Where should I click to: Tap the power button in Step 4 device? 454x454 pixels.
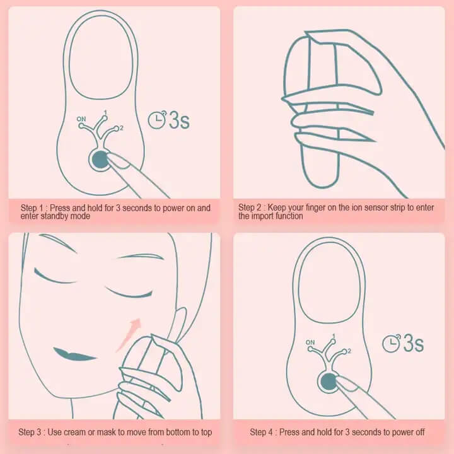tap(328, 381)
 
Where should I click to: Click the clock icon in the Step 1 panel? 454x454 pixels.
tap(156, 119)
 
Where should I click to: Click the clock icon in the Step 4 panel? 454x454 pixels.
tap(392, 343)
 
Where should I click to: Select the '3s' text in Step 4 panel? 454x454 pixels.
tap(413, 344)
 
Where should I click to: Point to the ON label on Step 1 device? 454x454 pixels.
tap(81, 119)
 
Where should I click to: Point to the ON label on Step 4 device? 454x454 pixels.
tap(310, 342)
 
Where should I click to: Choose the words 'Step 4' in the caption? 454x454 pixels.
tap(262, 433)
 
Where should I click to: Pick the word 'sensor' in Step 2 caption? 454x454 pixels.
tap(352, 207)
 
